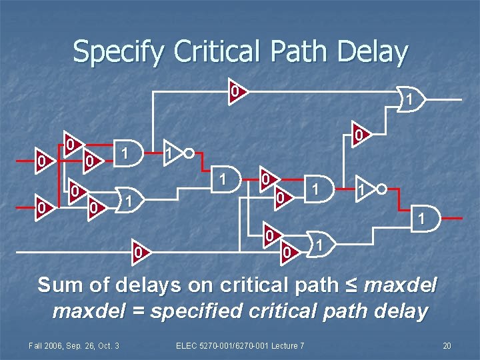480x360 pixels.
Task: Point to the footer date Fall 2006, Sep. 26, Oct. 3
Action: click(x=73, y=345)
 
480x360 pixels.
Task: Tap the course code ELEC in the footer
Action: click(x=187, y=345)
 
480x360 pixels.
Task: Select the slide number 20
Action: click(x=447, y=345)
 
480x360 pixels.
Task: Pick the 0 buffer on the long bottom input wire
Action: click(x=138, y=252)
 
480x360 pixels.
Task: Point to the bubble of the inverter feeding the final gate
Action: click(x=381, y=189)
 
